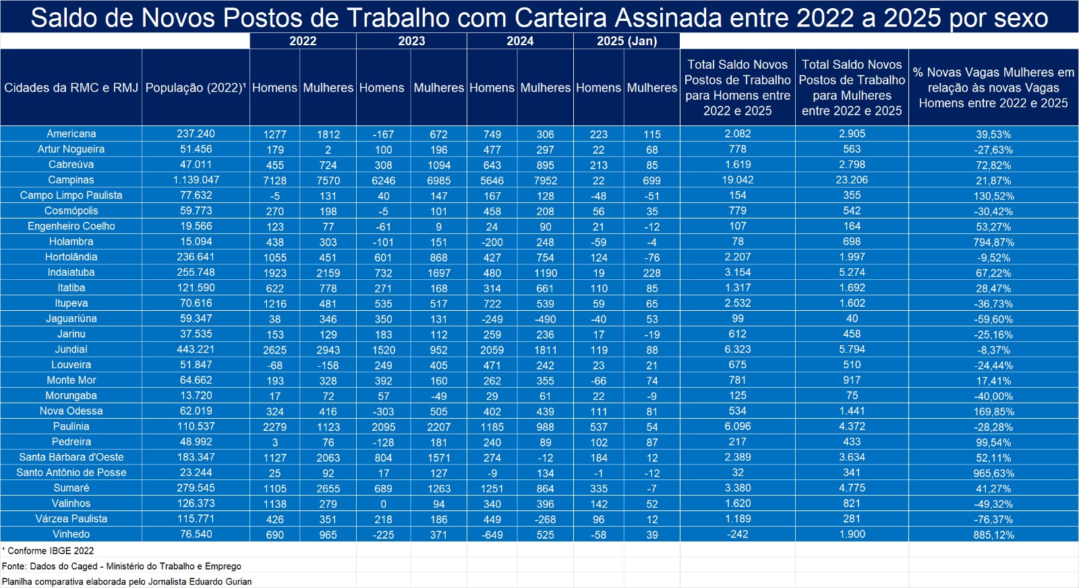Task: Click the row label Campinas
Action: [71, 180]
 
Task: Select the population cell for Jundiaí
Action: [196, 349]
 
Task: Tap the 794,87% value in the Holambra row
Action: [993, 242]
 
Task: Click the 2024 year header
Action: [520, 41]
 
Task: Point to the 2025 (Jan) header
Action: [626, 41]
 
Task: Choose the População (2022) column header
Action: [196, 88]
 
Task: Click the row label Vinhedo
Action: [71, 534]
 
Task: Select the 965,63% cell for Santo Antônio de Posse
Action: [993, 473]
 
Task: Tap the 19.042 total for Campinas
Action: [738, 180]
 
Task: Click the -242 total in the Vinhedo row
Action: [738, 534]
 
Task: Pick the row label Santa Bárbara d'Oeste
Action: [71, 457]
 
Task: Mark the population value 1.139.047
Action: [196, 180]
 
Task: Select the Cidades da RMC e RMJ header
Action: [71, 88]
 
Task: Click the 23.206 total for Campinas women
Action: [852, 180]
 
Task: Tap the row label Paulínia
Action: [71, 426]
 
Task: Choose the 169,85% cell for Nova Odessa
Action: [993, 411]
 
